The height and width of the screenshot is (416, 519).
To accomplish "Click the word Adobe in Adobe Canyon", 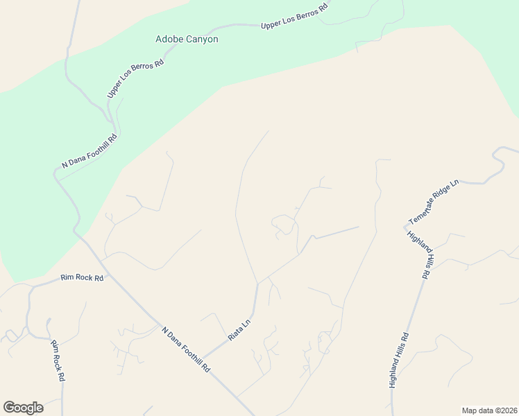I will click(x=169, y=40).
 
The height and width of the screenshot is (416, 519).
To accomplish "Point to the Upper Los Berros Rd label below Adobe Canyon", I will click(x=135, y=78).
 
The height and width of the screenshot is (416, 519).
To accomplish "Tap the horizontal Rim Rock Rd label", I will click(x=82, y=278).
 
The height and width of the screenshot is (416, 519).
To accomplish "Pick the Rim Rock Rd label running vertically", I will click(x=58, y=361).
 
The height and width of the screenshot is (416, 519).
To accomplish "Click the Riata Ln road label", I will click(x=239, y=329).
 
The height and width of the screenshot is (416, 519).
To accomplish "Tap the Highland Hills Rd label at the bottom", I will click(x=399, y=360).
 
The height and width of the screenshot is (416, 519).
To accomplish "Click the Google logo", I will click(x=23, y=408).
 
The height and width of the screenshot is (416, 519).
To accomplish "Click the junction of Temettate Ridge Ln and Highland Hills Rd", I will click(x=405, y=226).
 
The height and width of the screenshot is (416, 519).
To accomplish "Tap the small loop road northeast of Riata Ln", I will click(x=283, y=223).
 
